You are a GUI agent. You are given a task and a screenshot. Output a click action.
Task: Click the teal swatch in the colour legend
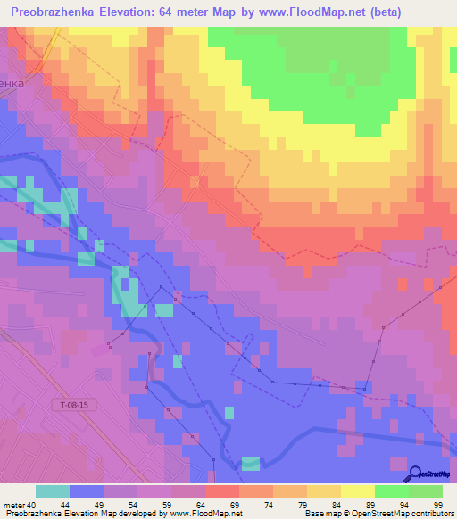[53, 491]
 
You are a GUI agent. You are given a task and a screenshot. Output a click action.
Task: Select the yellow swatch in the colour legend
[357, 491]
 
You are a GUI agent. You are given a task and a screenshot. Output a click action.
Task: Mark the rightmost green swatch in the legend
[425, 491]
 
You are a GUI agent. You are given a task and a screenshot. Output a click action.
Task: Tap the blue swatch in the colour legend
[87, 491]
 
